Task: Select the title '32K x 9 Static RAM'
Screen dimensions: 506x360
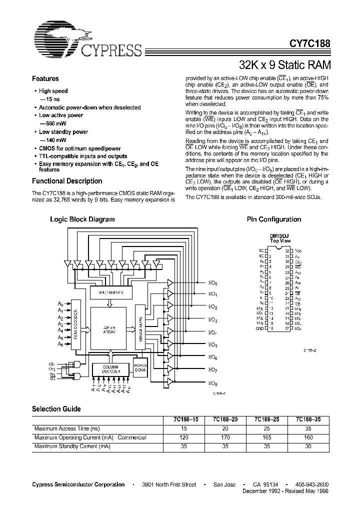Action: (285, 65)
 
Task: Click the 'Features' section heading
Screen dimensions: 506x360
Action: (45, 79)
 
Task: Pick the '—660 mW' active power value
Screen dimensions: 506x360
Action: (52, 124)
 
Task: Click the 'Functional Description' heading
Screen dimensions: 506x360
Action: (67, 181)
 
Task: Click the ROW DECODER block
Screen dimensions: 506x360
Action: (75, 323)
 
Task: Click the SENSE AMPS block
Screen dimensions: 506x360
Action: (140, 327)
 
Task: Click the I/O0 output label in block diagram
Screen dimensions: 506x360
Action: (212, 282)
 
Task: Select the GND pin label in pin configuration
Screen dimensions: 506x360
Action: (259, 329)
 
